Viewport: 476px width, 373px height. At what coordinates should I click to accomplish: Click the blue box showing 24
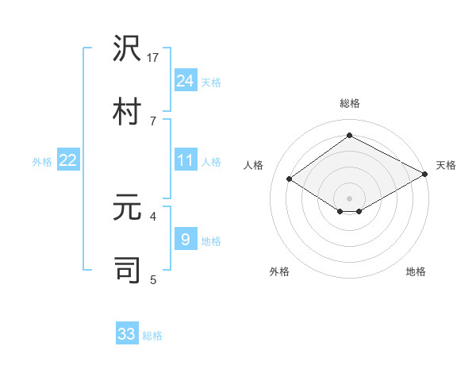click(x=186, y=81)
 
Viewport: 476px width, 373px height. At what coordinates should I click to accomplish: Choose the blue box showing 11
click(x=186, y=160)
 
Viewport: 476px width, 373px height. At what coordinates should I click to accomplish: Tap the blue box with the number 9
click(x=186, y=239)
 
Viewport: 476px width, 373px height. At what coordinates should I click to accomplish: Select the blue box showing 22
click(x=68, y=160)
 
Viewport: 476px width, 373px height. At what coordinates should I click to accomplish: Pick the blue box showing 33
click(x=127, y=334)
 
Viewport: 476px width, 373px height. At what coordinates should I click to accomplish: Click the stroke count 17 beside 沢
click(x=153, y=57)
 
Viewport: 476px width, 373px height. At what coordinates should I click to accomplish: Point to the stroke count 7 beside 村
click(x=153, y=121)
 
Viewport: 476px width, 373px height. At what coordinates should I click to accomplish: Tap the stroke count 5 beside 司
click(x=153, y=279)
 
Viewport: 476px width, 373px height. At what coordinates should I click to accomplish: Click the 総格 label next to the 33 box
click(x=152, y=336)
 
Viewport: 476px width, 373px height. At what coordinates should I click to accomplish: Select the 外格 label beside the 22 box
click(x=42, y=162)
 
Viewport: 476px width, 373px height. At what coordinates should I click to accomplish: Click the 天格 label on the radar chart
click(x=446, y=165)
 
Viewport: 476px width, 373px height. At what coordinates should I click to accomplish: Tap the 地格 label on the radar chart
click(x=416, y=271)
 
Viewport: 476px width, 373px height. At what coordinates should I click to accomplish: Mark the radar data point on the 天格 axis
click(x=426, y=174)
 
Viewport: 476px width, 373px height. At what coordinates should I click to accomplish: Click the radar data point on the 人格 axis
click(x=290, y=179)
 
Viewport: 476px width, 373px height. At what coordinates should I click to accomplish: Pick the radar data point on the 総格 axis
click(x=349, y=136)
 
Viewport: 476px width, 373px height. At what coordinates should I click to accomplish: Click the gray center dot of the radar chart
click(x=349, y=198)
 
